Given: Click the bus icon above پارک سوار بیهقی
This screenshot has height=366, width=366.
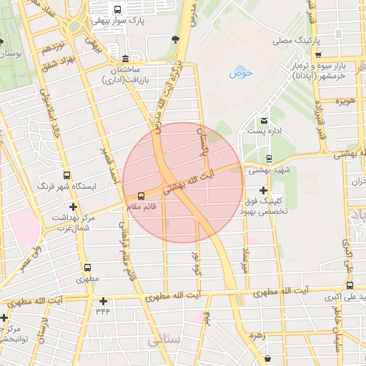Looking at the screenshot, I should [117, 9].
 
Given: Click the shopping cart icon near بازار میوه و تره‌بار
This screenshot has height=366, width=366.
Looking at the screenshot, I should [318, 54].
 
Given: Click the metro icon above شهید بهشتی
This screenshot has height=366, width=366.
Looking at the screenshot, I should [269, 159].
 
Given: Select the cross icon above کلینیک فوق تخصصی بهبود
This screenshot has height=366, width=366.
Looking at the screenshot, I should [264, 190].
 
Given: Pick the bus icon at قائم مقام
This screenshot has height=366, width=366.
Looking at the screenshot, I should [141, 195].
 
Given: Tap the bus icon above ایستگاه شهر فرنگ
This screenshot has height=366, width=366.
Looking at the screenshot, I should [67, 175].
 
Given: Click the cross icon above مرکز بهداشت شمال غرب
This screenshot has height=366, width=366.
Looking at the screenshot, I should [72, 207].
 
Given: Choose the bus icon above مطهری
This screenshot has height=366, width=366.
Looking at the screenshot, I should [86, 266].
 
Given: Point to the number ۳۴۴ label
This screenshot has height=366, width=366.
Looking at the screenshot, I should [103, 312].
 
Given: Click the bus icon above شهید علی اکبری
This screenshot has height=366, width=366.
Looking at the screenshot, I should [350, 285].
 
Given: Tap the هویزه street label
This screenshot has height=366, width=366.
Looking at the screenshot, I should [348, 102].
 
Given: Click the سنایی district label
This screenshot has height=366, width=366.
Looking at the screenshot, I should [164, 342].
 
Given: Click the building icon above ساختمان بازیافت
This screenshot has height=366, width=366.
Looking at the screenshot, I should [126, 58].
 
